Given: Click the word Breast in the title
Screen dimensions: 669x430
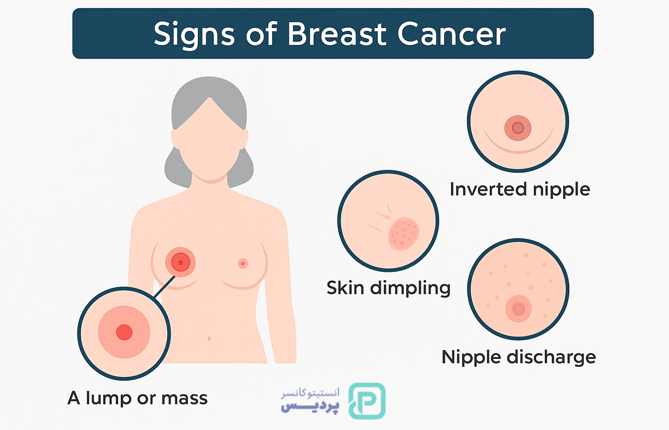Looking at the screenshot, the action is tap(337, 34).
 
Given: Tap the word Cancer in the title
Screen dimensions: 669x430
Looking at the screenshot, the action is tap(452, 34).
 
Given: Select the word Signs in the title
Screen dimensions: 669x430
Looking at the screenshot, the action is tap(194, 36).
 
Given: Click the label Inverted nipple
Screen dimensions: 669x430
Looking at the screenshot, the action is tap(520, 190).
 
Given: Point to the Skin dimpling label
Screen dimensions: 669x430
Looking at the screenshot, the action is tap(388, 289).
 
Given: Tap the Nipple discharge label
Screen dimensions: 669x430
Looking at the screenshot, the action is tap(519, 357).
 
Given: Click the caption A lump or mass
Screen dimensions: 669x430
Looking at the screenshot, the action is tap(138, 398).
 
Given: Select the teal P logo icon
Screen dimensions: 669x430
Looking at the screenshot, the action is tap(367, 401).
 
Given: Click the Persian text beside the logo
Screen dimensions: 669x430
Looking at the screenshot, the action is tap(310, 401).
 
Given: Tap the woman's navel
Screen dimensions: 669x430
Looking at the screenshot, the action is tap(209, 339).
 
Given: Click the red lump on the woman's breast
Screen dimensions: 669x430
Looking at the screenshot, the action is tap(181, 262).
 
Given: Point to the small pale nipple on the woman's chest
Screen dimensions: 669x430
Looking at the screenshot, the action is tap(243, 263).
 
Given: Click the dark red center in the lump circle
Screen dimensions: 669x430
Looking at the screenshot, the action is tap(124, 332).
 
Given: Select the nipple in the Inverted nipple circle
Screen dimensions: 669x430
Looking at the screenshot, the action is tap(518, 128).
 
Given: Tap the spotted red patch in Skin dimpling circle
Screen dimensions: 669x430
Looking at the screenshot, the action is tap(404, 234).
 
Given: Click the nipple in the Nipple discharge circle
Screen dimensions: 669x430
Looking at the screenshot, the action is tap(518, 309).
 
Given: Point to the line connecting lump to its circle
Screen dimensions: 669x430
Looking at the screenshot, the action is tap(164, 287).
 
